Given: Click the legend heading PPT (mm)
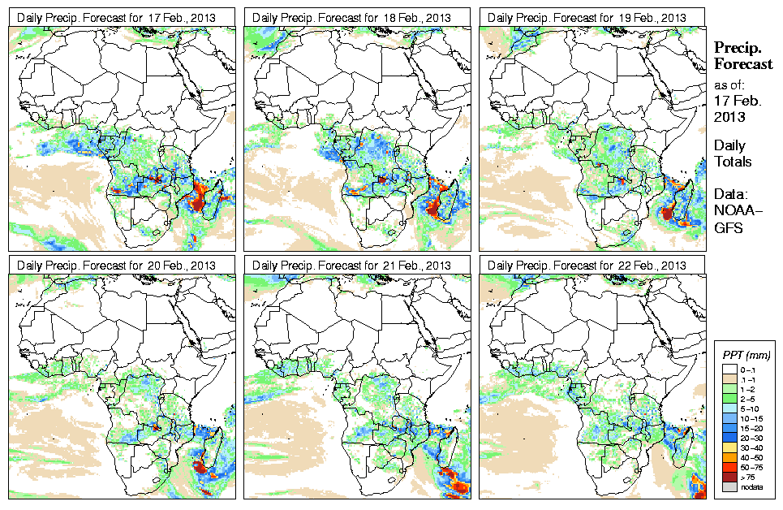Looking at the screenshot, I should coord(746,355).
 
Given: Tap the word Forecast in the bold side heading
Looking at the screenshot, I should coord(743,64).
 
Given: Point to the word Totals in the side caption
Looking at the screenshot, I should coord(733,162).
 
